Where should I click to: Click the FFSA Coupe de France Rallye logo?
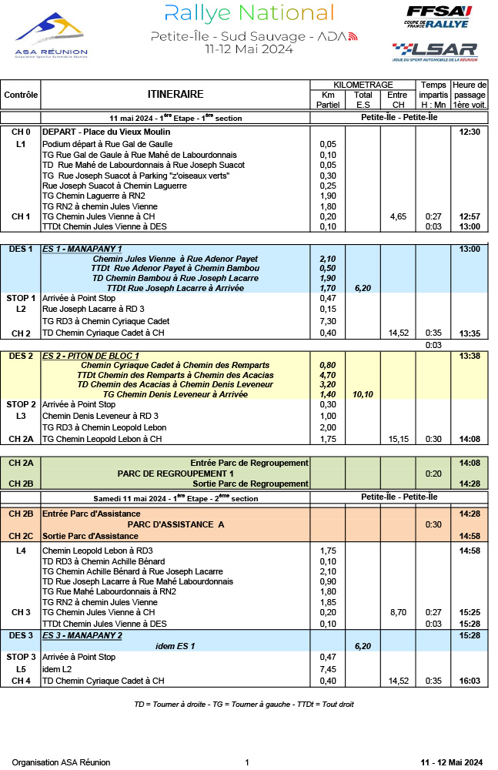point(437,18)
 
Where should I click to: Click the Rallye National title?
point(249,13)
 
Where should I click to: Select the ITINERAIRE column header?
point(175,95)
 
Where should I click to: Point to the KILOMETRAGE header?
point(363,85)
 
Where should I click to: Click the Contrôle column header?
point(21,95)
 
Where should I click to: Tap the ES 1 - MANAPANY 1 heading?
point(82,249)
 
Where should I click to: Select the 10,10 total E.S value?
point(363,393)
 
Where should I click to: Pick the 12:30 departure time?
point(470,132)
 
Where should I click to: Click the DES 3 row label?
point(21,635)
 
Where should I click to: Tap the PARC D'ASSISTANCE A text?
point(175,524)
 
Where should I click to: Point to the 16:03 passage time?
point(470,681)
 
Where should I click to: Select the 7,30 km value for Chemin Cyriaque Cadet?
point(328,321)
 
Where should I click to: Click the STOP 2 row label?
point(21,404)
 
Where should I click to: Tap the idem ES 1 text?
point(175,646)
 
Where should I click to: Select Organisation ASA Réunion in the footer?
point(61,762)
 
